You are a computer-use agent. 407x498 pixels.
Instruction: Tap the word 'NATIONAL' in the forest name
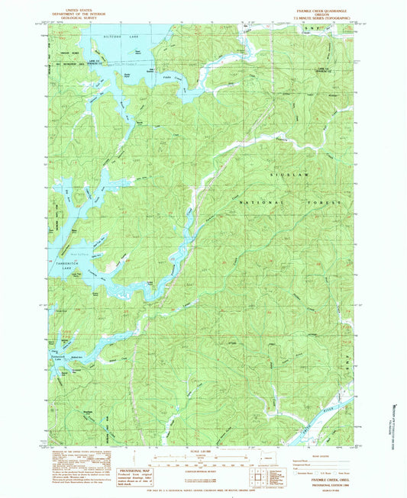[259, 203]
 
